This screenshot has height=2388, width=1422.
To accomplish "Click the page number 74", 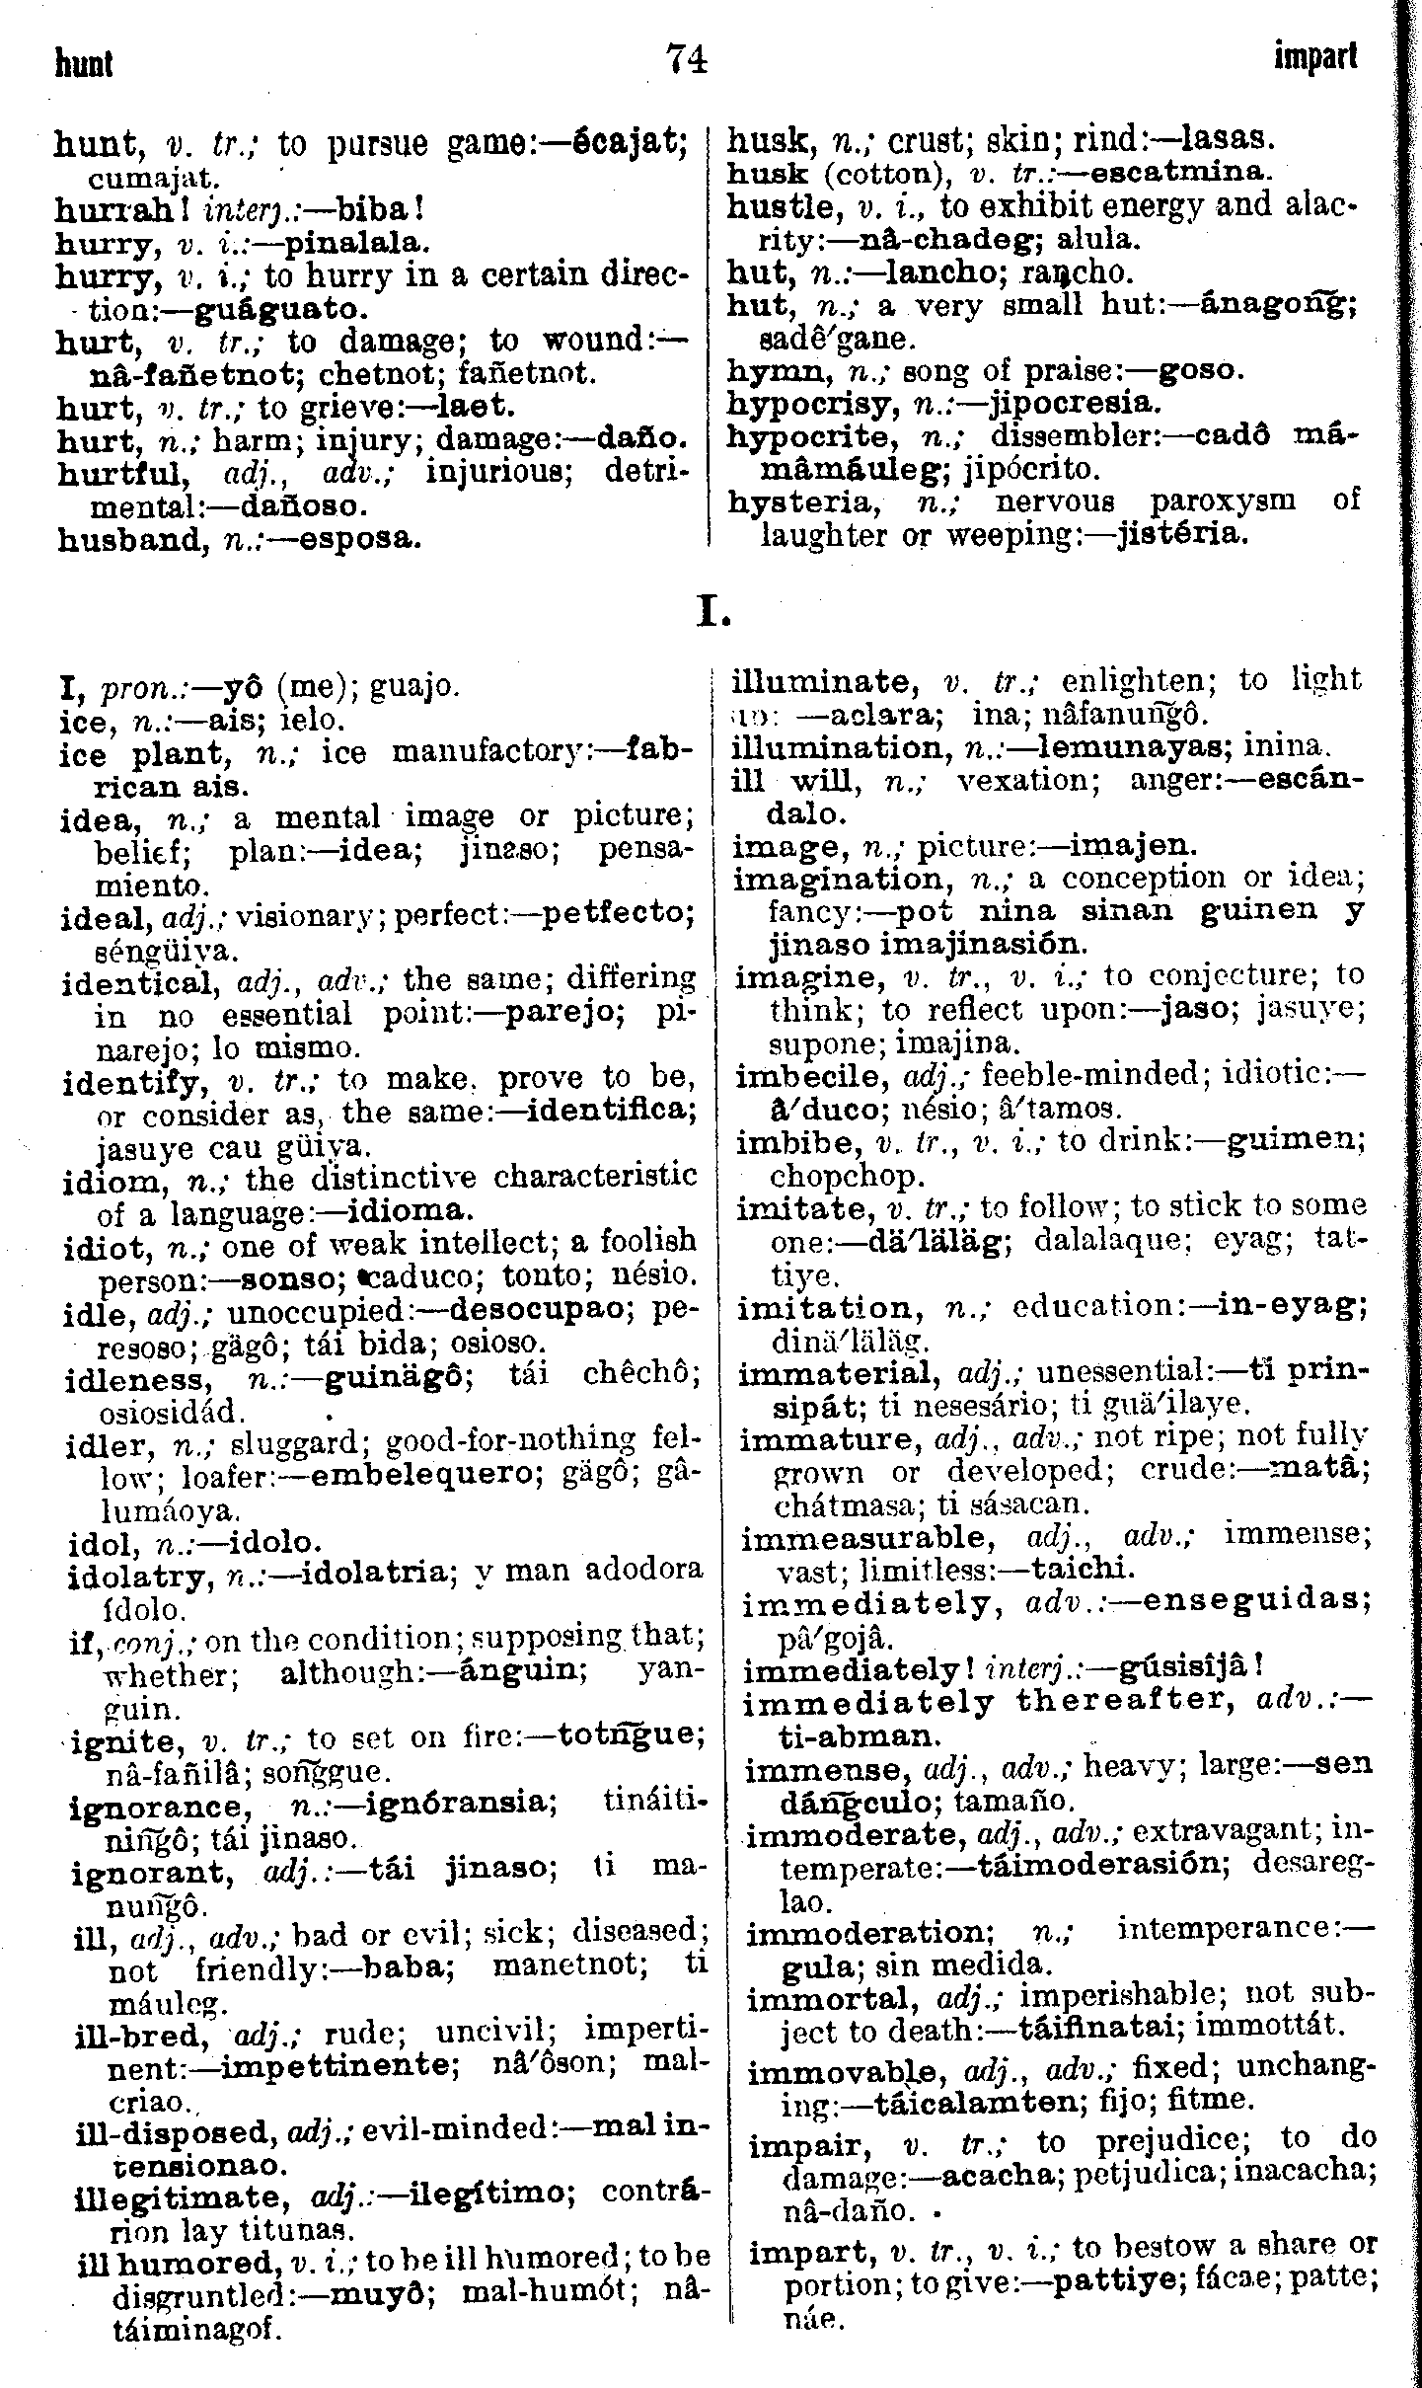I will click(x=687, y=61).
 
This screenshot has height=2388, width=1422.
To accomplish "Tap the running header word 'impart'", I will click(x=1315, y=59).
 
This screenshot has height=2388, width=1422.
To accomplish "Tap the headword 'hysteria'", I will click(x=800, y=501).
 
